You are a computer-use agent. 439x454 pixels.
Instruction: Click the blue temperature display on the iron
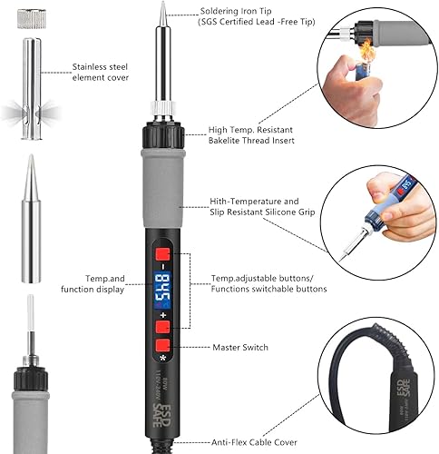[166, 288]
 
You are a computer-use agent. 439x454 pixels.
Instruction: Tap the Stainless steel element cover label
[99, 72]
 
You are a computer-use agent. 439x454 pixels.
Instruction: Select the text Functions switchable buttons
[268, 290]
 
